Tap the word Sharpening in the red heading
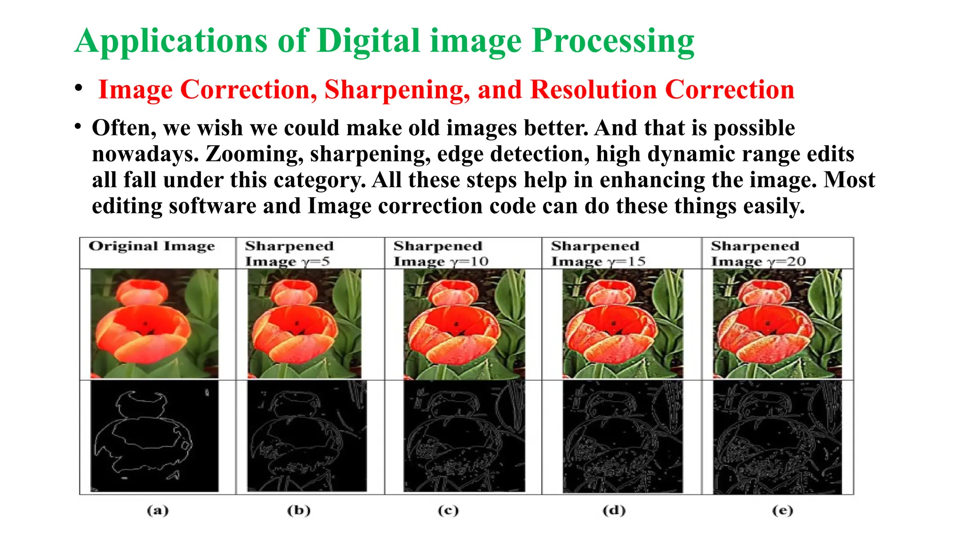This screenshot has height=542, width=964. pyautogui.click(x=397, y=89)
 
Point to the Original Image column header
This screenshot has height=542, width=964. pyautogui.click(x=152, y=247)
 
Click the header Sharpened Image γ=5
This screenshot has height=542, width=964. pyautogui.click(x=289, y=253)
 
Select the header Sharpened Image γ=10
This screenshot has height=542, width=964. pyautogui.click(x=441, y=253)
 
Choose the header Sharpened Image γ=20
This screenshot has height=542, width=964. pyautogui.click(x=758, y=253)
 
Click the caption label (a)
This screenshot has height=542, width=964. pyautogui.click(x=158, y=510)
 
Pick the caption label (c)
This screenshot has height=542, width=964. pyautogui.click(x=448, y=510)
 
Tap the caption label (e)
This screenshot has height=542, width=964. pyautogui.click(x=782, y=510)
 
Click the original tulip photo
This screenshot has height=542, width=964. pyautogui.click(x=154, y=324)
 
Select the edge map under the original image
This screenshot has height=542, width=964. pyautogui.click(x=154, y=436)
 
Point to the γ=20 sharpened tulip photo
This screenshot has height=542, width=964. pyautogui.click(x=777, y=324)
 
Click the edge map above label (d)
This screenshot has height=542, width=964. pyautogui.click(x=622, y=437)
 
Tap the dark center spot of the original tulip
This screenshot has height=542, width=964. pyautogui.click(x=145, y=323)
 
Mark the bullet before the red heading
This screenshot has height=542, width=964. pyautogui.click(x=79, y=88)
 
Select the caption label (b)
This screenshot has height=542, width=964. pyautogui.click(x=299, y=510)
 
